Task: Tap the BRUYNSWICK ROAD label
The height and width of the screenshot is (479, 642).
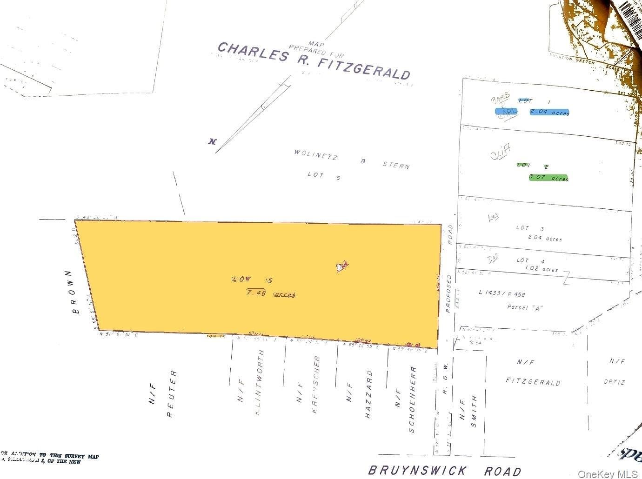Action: pyautogui.click(x=444, y=471)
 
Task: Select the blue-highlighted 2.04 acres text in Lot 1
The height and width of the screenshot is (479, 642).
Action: pyautogui.click(x=549, y=112)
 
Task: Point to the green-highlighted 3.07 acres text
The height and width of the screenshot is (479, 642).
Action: pyautogui.click(x=548, y=178)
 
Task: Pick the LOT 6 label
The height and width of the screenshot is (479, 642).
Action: pyautogui.click(x=324, y=175)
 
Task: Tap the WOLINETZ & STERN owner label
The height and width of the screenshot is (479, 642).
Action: pyautogui.click(x=352, y=159)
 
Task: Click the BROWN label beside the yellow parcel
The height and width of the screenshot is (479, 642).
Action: pyautogui.click(x=75, y=292)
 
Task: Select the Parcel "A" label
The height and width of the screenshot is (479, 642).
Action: pyautogui.click(x=525, y=307)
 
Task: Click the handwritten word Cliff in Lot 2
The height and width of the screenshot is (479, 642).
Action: pyautogui.click(x=500, y=152)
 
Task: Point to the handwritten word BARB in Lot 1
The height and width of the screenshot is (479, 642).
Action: pyautogui.click(x=500, y=99)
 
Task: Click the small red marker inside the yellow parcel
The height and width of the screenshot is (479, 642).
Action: pyautogui.click(x=342, y=266)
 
